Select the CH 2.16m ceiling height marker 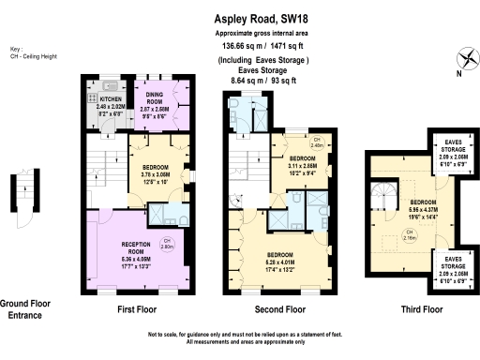click(409, 235)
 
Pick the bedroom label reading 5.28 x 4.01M click(279, 262)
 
